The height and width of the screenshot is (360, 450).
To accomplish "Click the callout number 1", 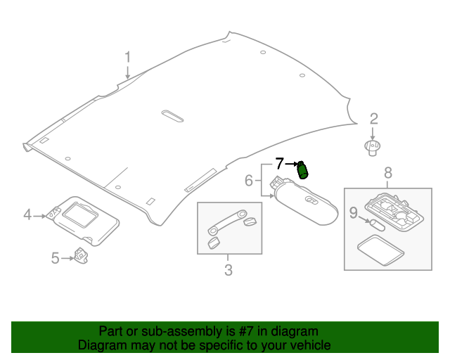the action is pos(128,57).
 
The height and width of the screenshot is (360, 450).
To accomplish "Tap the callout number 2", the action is pos(373,119).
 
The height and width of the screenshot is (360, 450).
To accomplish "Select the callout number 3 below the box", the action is pos(228,270).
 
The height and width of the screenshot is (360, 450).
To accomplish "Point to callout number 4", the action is pos(27,214).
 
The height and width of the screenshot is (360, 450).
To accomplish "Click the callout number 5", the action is pos(55,258).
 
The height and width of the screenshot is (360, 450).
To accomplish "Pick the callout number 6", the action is pos(248,181).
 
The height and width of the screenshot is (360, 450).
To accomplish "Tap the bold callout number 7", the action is pos(280,164).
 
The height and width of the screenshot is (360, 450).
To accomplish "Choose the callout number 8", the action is pos(387,173).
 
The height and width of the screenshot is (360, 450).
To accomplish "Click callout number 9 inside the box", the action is pos(353,213).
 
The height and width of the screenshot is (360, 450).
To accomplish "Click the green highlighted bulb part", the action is pos(302,170).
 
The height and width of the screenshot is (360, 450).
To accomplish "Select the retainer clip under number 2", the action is pos(372,148).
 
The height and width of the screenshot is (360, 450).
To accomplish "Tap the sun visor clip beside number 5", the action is pos(81,256).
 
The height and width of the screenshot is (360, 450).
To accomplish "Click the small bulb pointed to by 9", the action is pos(377,226).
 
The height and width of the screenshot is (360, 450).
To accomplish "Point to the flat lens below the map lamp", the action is pos(380,250).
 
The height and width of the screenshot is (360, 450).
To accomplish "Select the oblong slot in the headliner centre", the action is pos(172,116).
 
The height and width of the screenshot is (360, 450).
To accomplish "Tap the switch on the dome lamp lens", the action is pos(311,200).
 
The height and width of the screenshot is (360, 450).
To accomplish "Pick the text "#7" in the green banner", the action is pos(246,331).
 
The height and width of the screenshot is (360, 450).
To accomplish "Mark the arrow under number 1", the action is pos(128,72).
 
